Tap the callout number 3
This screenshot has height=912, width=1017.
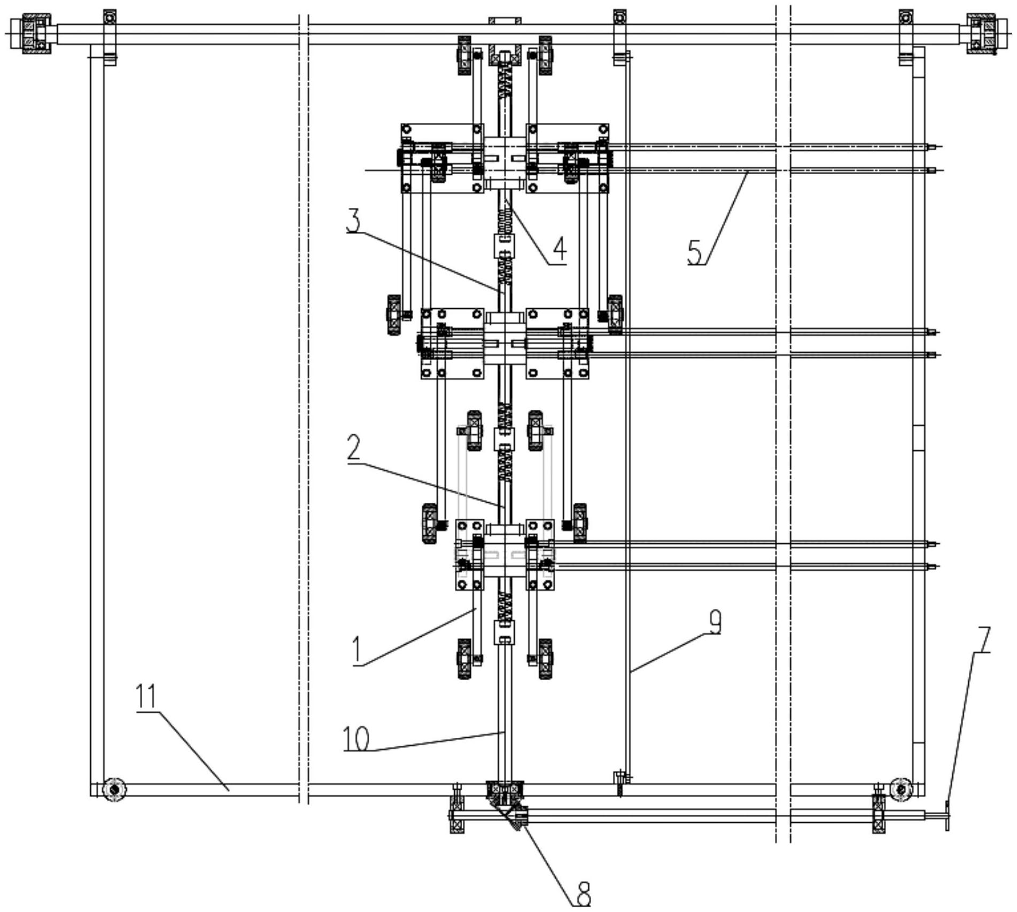click(353, 221)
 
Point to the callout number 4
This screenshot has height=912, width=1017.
click(559, 250)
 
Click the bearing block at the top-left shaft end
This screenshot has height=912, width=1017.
click(36, 34)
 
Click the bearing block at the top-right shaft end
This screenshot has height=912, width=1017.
click(981, 34)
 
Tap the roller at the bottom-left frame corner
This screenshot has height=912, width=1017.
click(114, 788)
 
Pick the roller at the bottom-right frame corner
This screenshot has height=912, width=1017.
click(901, 788)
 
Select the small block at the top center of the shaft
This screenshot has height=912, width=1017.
click(504, 21)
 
